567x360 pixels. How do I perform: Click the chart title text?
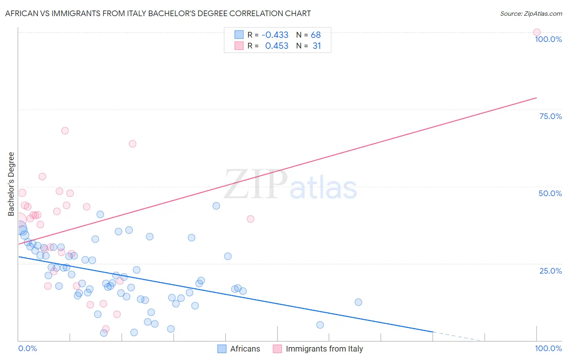[158, 13]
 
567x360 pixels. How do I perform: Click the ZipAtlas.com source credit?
[531, 13]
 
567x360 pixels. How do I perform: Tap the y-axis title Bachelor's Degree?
[11, 184]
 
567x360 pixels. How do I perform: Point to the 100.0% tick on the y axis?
[548, 39]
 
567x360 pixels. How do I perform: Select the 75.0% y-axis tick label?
[550, 116]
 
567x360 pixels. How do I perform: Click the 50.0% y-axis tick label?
[550, 193]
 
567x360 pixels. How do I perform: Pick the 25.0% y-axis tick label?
[550, 270]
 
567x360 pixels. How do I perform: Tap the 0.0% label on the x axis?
[27, 348]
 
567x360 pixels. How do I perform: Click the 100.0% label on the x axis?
[548, 348]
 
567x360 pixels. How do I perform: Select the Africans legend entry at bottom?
[239, 349]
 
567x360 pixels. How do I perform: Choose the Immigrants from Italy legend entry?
[318, 349]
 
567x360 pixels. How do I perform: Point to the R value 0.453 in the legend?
[277, 46]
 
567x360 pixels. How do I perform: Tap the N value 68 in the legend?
[316, 35]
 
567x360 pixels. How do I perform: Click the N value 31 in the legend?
[317, 46]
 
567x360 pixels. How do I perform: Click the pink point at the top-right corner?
[536, 32]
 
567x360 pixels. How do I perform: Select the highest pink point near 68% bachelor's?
[65, 131]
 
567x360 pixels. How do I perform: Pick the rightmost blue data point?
[358, 302]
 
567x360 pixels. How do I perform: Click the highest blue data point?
[216, 206]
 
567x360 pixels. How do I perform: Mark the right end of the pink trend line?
[536, 98]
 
